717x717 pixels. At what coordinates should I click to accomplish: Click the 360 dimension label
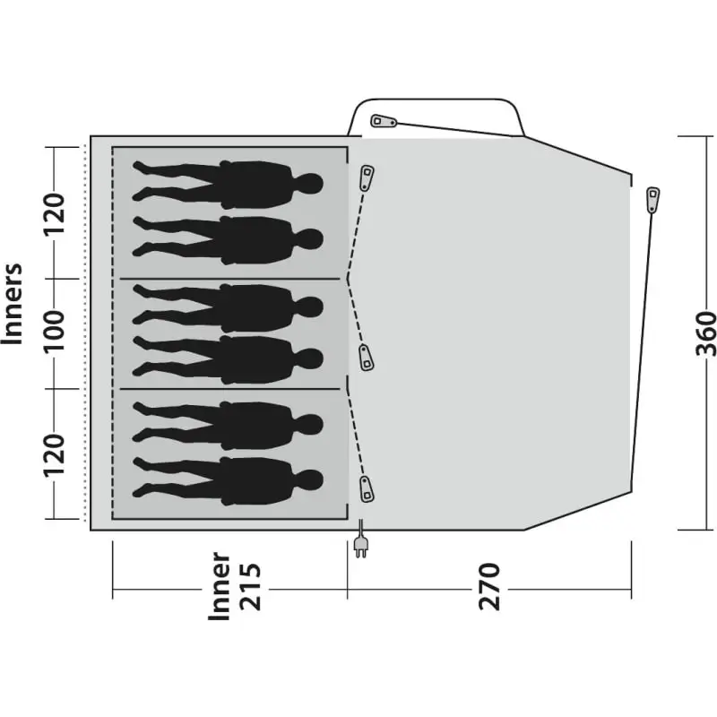(705, 333)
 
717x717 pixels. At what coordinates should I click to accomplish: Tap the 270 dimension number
(489, 587)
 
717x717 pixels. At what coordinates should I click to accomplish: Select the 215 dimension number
(250, 587)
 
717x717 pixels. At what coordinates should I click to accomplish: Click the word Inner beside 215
(219, 587)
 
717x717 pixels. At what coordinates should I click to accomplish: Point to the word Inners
(12, 304)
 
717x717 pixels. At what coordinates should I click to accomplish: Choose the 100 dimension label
(54, 331)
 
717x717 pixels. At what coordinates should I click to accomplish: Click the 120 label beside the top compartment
(54, 213)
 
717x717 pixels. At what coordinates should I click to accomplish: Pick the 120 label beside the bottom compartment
(54, 455)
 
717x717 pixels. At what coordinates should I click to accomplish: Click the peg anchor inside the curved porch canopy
(384, 121)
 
